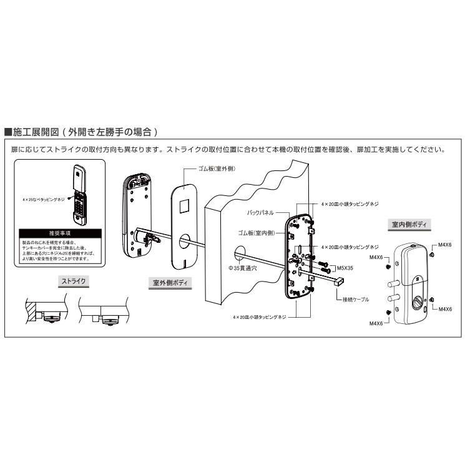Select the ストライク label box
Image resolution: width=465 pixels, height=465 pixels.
coord(74,281)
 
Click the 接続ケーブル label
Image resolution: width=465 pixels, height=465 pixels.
coord(356,300)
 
